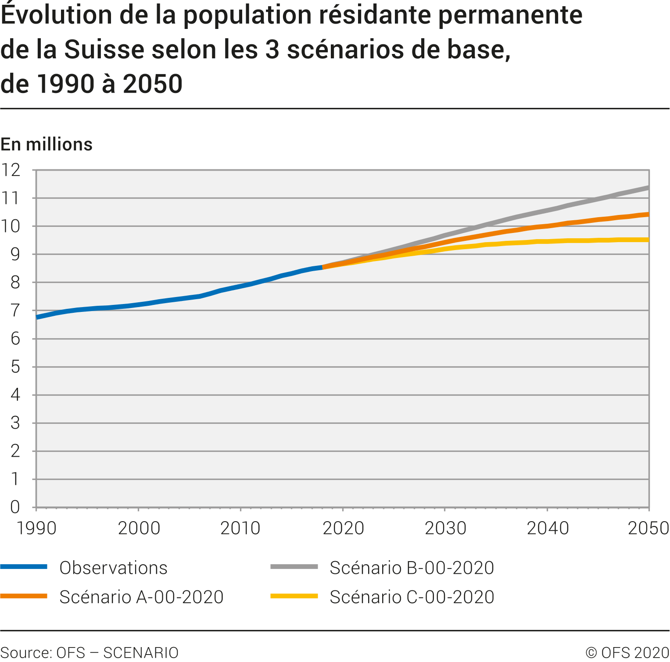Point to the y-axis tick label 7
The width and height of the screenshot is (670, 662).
click(15, 311)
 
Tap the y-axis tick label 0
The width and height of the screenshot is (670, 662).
click(15, 507)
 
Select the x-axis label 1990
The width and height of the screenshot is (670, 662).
click(36, 528)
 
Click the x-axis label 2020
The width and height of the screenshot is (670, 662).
click(343, 528)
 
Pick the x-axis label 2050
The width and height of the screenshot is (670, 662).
click(648, 528)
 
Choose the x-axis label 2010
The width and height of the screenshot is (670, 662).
click(240, 528)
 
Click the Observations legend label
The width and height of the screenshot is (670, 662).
click(113, 568)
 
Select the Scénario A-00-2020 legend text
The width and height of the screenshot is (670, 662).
click(141, 597)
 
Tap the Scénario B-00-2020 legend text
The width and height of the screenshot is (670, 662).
click(412, 568)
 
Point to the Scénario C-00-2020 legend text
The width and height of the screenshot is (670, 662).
click(412, 597)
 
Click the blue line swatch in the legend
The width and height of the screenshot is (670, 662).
click(24, 567)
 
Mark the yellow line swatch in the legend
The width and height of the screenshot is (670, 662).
click(294, 596)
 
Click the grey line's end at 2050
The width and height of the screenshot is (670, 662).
click(648, 188)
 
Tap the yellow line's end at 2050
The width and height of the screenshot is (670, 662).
click(648, 240)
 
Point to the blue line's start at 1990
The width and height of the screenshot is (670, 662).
click(37, 317)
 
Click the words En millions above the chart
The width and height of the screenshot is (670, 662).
click(47, 144)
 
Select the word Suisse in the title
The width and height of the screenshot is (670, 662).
click(104, 49)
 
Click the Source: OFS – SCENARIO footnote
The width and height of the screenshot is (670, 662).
click(90, 653)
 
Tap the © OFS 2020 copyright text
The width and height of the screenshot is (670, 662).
click(627, 653)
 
